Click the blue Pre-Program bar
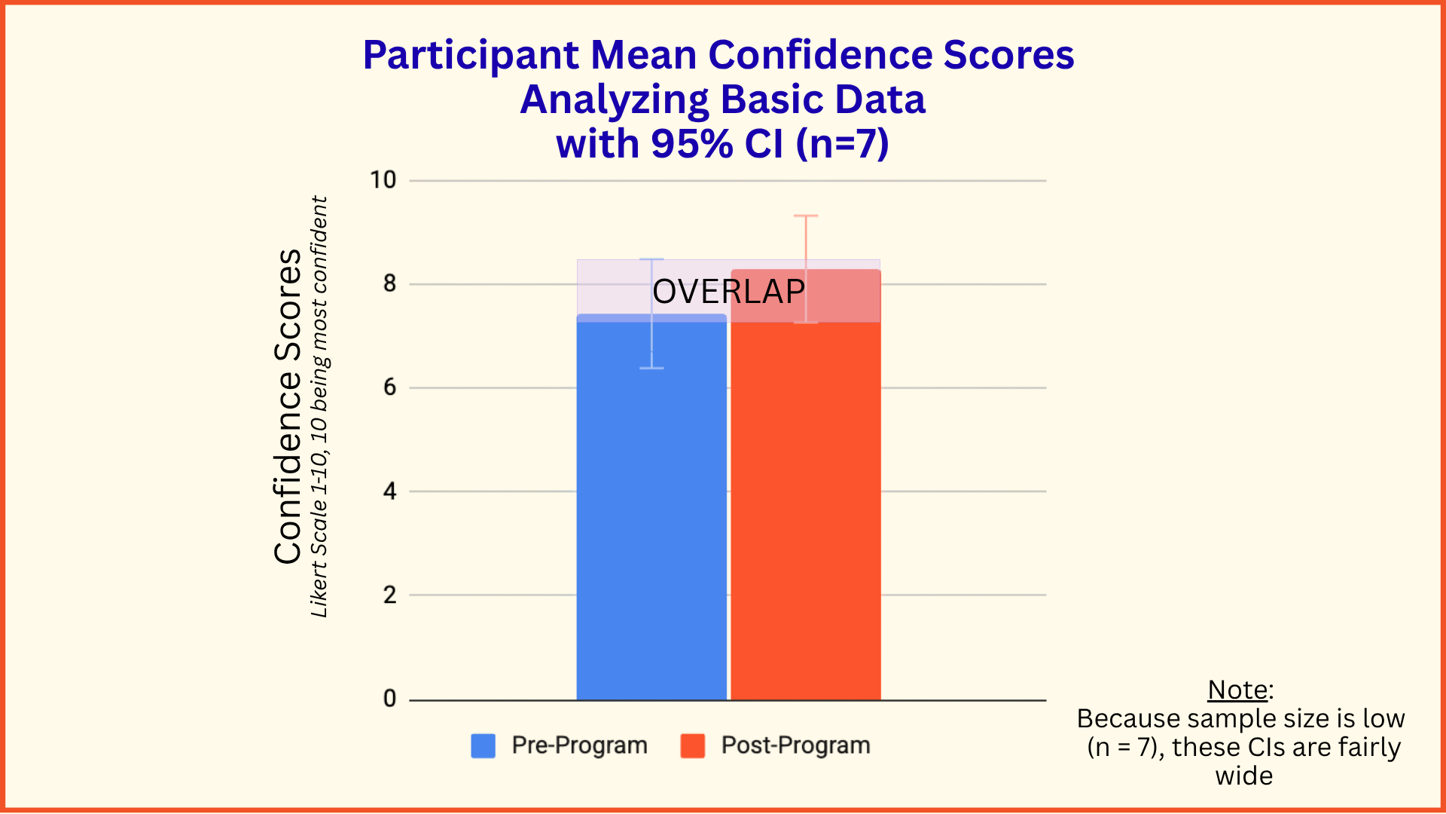pyautogui.click(x=651, y=507)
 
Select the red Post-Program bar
pyautogui.click(x=806, y=485)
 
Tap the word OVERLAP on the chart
pyautogui.click(x=729, y=292)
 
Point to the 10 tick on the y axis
pyautogui.click(x=383, y=180)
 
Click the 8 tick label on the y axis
pyautogui.click(x=389, y=284)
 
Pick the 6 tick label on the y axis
pyautogui.click(x=389, y=387)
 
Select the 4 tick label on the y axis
pyautogui.click(x=389, y=491)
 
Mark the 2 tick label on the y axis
pyautogui.click(x=389, y=595)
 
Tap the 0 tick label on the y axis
pyautogui.click(x=389, y=699)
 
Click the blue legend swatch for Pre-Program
pyautogui.click(x=484, y=745)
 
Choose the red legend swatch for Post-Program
pyautogui.click(x=693, y=745)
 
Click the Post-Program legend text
pyautogui.click(x=796, y=745)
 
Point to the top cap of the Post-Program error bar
pyautogui.click(x=806, y=216)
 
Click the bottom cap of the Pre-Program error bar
pyautogui.click(x=651, y=368)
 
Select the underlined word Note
pyautogui.click(x=1238, y=690)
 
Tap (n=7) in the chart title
pyautogui.click(x=843, y=143)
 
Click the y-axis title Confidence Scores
pyautogui.click(x=288, y=406)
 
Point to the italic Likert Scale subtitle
pyautogui.click(x=319, y=407)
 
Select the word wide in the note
pyautogui.click(x=1244, y=776)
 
